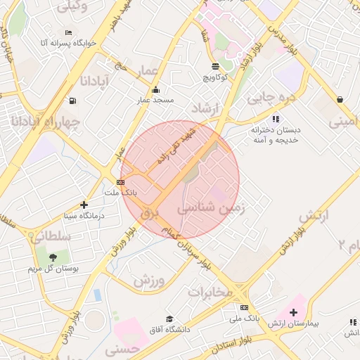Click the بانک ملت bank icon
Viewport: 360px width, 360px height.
tap(120, 182)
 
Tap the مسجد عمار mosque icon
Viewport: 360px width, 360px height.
tap(155, 90)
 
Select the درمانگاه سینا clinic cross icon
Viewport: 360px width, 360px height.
tap(84, 205)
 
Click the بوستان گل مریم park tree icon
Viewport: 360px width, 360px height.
tap(53, 258)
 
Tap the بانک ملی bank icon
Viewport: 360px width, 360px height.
tap(244, 307)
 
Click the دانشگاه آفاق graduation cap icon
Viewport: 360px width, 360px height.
tap(169, 319)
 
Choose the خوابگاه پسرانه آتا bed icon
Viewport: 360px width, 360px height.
tap(68, 32)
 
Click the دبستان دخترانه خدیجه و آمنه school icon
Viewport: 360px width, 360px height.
tap(276, 119)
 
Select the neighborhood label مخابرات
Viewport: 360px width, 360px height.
tap(211, 292)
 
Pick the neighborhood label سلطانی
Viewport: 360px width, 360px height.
tap(49, 235)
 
